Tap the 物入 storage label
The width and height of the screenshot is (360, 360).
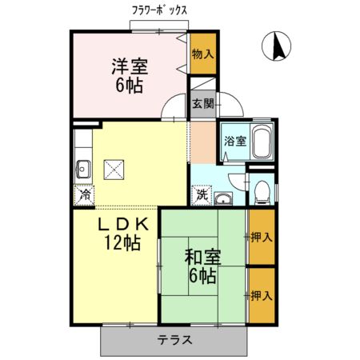[x=203, y=54]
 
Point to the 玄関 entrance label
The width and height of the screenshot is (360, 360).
[x=202, y=103]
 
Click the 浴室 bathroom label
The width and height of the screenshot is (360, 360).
[x=234, y=142]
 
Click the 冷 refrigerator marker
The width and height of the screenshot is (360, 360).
[x=83, y=193]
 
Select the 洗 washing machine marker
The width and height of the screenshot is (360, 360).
[x=202, y=194]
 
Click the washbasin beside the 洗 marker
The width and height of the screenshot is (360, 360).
[x=223, y=198]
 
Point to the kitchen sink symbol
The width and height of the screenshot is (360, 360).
[x=82, y=168]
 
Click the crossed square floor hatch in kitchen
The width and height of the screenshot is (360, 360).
[x=114, y=169]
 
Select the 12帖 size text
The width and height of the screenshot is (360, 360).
[x=122, y=242]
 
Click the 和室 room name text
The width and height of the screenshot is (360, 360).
[x=202, y=258]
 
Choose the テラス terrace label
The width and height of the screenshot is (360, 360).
[x=174, y=339]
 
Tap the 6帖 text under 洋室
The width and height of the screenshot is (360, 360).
[x=128, y=85]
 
